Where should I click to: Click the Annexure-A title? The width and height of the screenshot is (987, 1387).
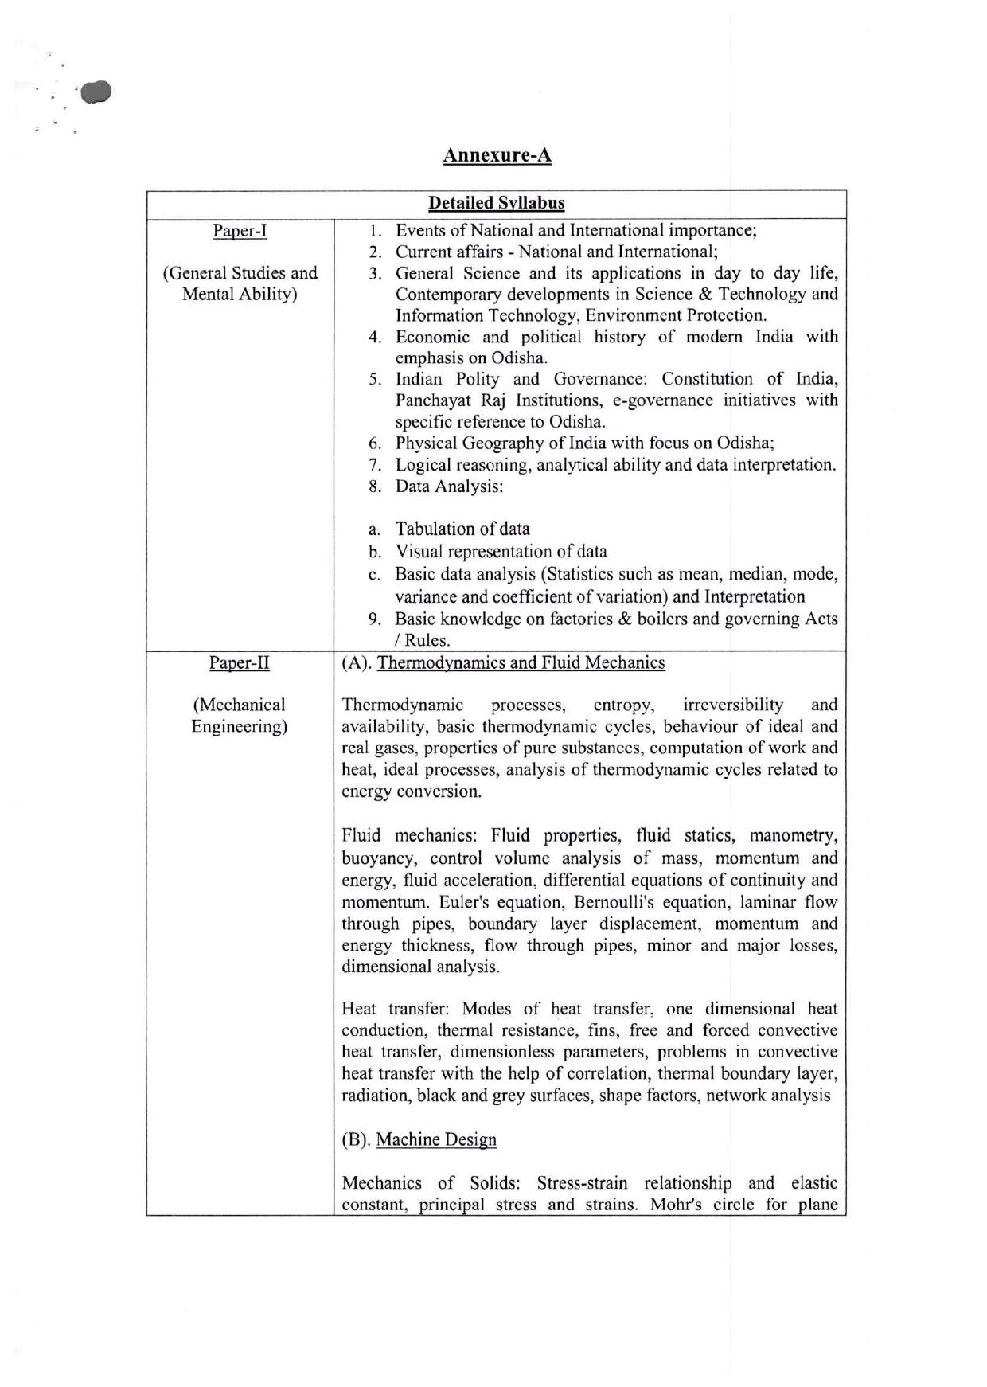coord(497,154)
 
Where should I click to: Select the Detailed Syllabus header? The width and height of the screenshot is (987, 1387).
coord(496,203)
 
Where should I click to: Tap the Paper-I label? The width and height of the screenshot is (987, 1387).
coord(240,231)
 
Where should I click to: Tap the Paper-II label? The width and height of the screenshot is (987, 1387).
coord(240,662)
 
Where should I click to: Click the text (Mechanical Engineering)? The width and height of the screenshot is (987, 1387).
coord(239,715)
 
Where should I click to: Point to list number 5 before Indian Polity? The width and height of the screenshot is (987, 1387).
coord(375,379)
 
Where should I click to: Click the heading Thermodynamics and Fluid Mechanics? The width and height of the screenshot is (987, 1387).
coord(521,662)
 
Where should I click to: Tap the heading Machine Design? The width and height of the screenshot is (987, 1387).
coord(436,1139)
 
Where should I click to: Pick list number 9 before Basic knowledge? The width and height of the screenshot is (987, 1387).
coord(375,619)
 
